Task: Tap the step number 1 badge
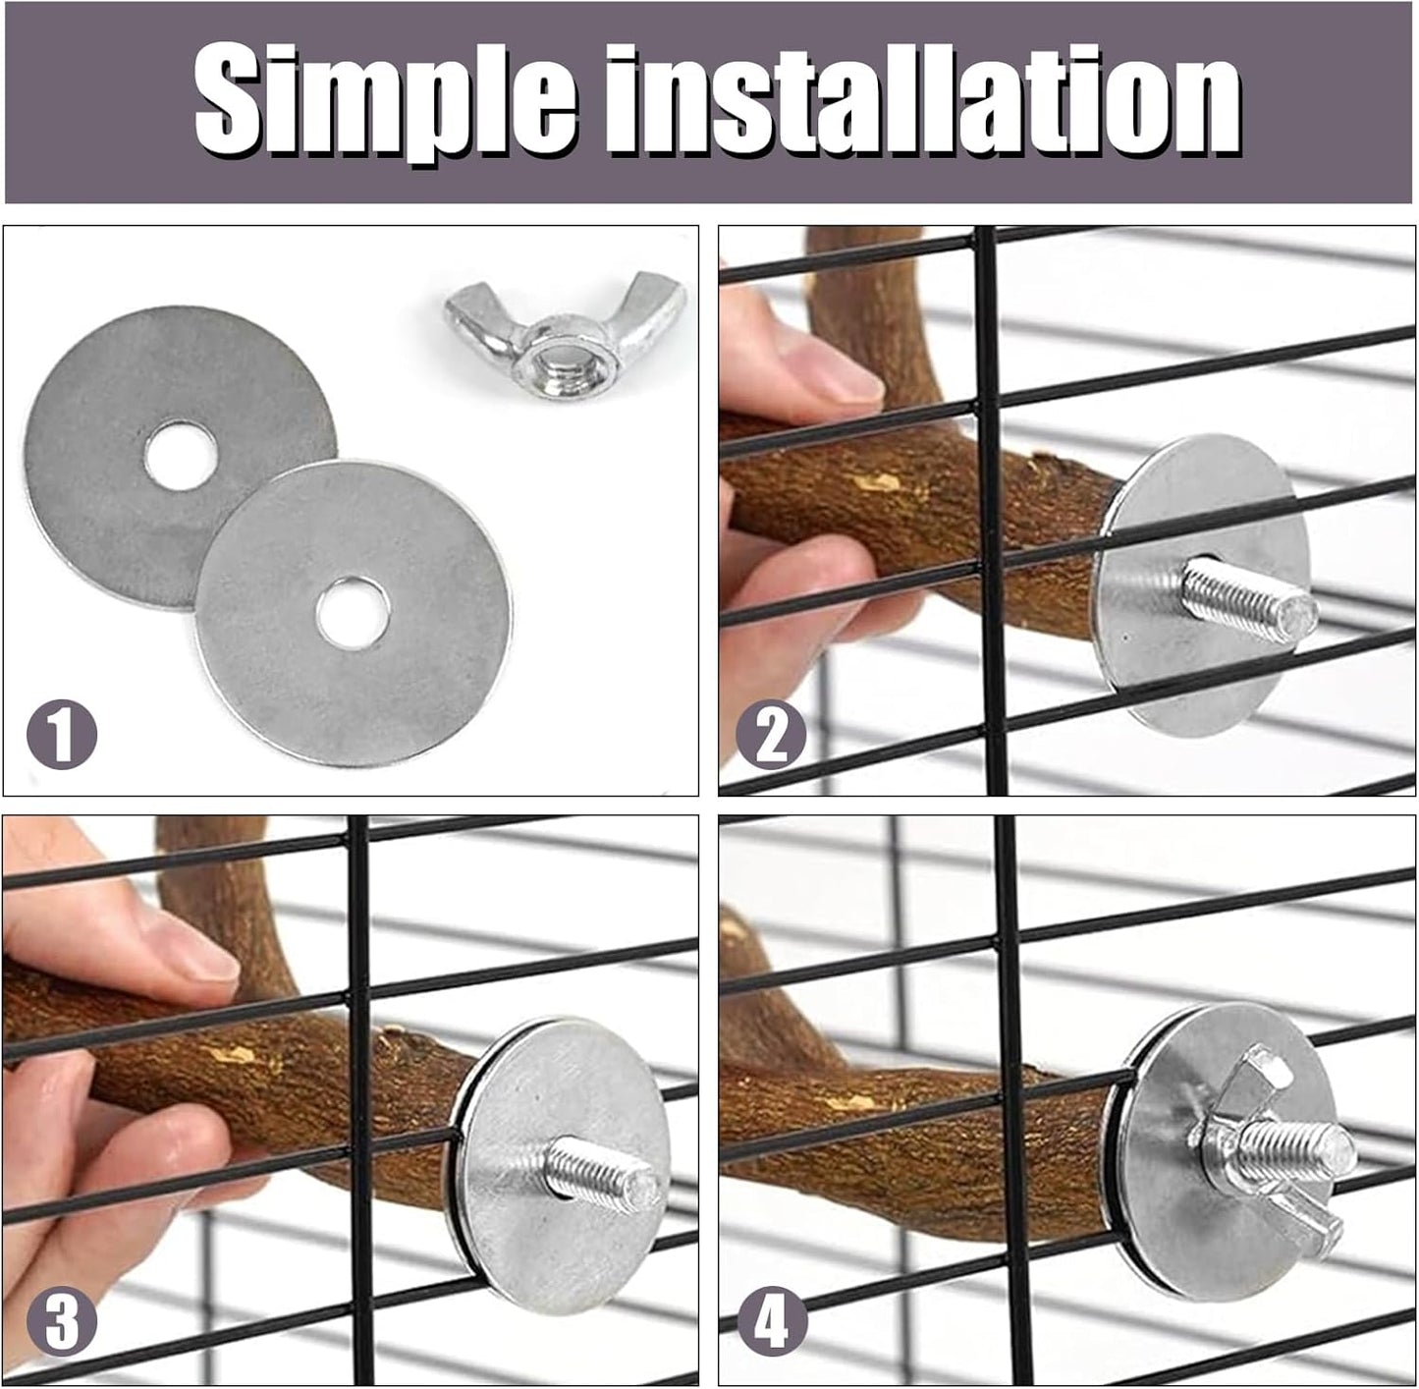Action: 61,736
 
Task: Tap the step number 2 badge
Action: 772,736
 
